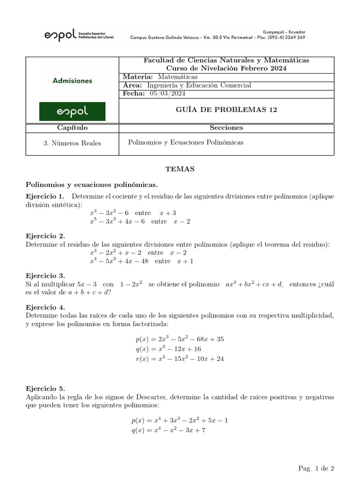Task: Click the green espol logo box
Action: click(72, 112)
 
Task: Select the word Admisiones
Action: click(72, 81)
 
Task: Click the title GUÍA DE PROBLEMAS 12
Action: click(227, 110)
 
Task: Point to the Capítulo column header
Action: click(72, 128)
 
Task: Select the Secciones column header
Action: click(226, 128)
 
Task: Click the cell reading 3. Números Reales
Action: click(72, 143)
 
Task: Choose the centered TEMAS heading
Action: click(180, 168)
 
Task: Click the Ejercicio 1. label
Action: click(45, 196)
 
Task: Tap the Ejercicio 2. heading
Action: click(45, 236)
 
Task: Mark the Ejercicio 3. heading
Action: click(45, 276)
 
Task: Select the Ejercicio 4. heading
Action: click(45, 307)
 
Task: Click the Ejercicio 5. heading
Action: click(45, 389)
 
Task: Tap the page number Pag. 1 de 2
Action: click(316, 468)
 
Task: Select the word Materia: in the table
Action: click(138, 77)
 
